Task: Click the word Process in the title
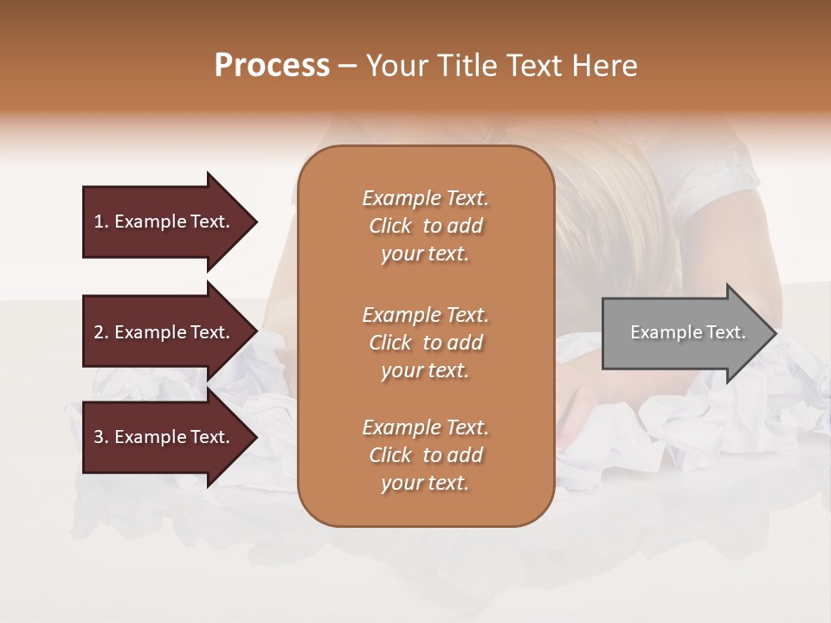pos(272,65)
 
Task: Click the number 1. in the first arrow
pos(101,222)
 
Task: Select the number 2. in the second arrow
pos(101,332)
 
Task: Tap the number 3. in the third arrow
pos(101,437)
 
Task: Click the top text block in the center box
pos(425,226)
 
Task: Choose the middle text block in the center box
pos(425,342)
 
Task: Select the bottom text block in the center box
pos(425,455)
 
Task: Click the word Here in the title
pos(607,65)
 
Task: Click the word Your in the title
pos(396,65)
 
